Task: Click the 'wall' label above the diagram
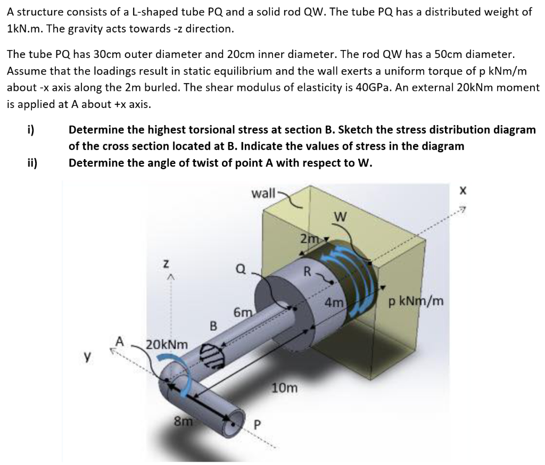click(x=263, y=192)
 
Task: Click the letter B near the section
click(x=213, y=325)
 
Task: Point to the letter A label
click(x=120, y=341)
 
